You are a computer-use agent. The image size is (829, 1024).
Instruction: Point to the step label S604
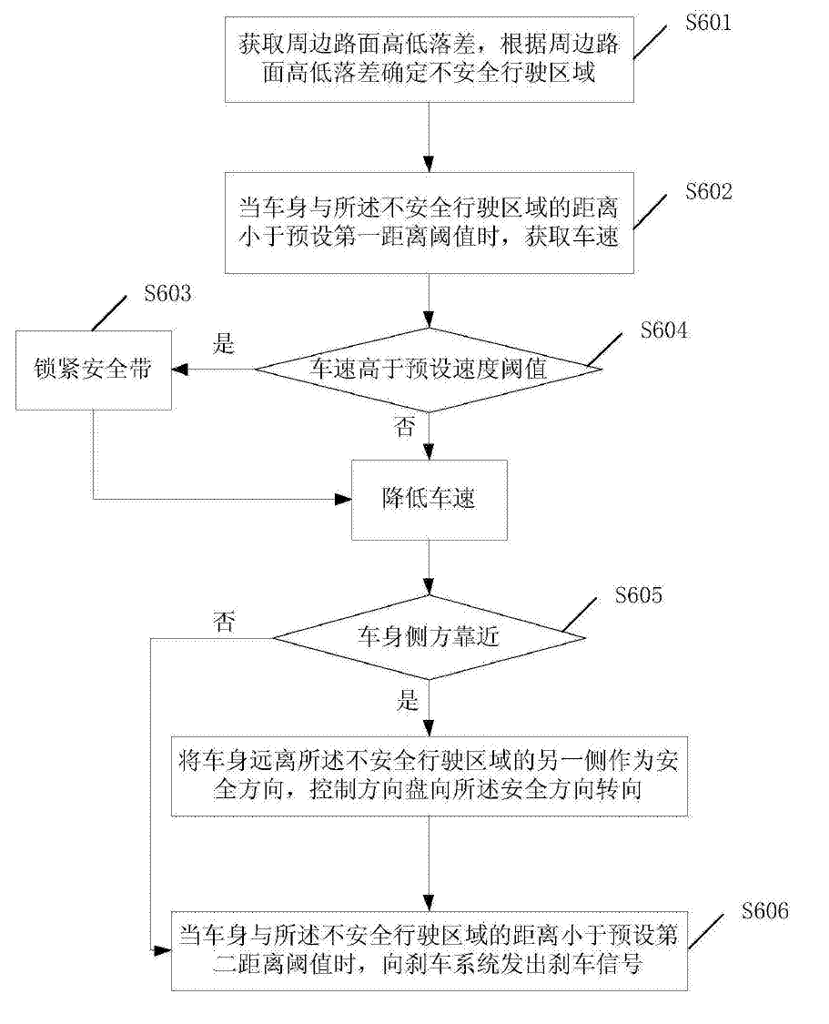663,330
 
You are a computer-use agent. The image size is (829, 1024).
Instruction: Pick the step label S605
638,596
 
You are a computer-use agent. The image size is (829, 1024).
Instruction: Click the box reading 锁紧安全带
93,370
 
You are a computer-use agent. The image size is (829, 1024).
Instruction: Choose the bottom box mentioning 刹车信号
429,949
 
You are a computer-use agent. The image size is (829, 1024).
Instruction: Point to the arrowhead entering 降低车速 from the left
345,498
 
